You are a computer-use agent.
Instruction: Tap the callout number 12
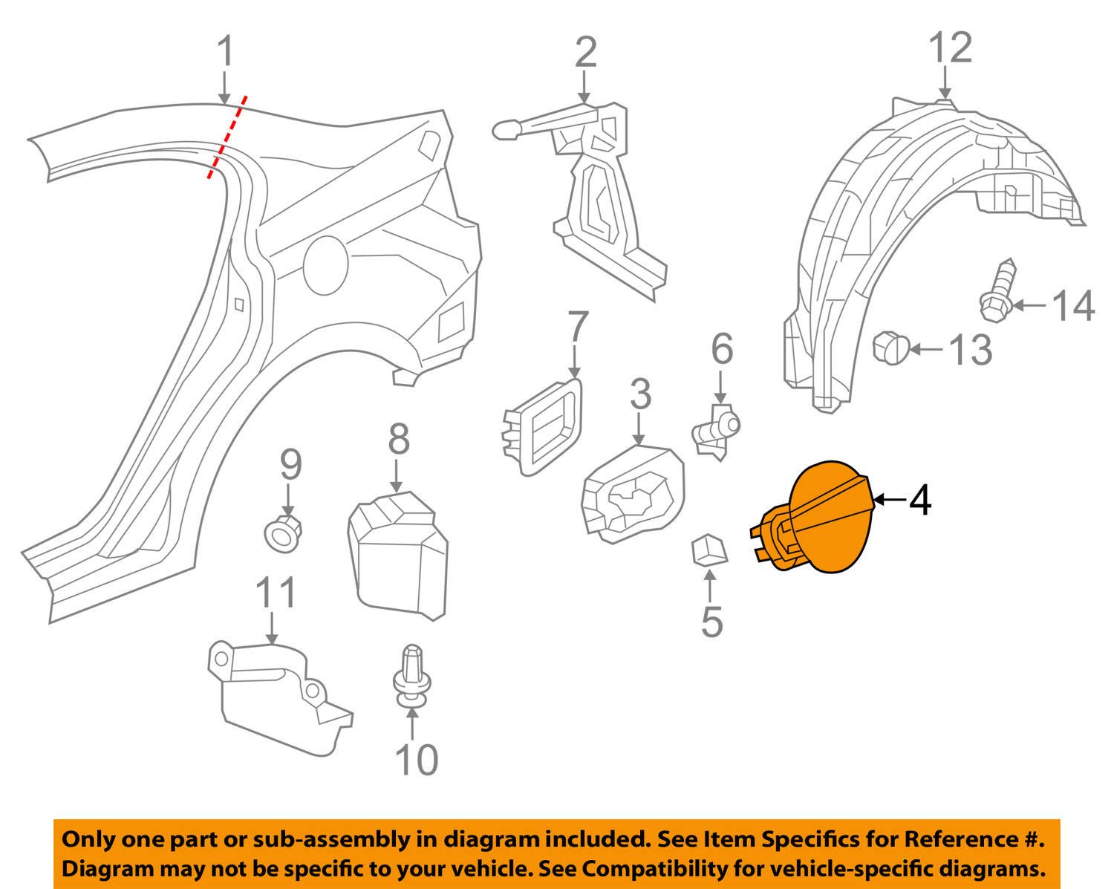pos(951,48)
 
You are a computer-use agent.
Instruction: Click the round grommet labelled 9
pos(283,533)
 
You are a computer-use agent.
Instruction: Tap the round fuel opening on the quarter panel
pos(325,264)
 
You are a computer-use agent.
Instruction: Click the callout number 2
pos(585,52)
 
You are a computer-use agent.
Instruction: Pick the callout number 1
pos(226,51)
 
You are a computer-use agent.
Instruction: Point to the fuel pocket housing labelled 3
pos(633,495)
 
